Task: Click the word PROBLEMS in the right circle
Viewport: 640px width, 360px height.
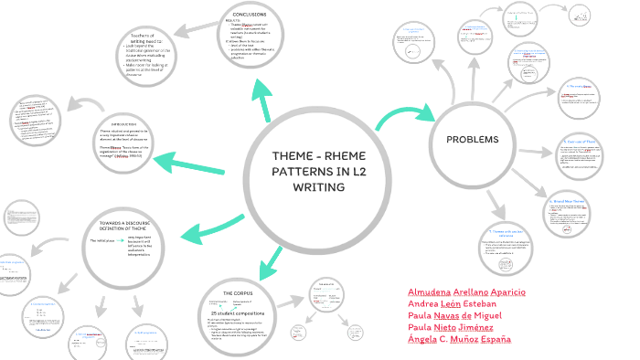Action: click(473, 140)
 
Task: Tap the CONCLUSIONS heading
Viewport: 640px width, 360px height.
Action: click(250, 15)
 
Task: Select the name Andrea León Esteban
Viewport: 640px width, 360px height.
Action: click(452, 304)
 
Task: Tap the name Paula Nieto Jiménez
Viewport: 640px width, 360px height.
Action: click(451, 328)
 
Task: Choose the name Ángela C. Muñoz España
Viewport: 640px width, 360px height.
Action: click(459, 340)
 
